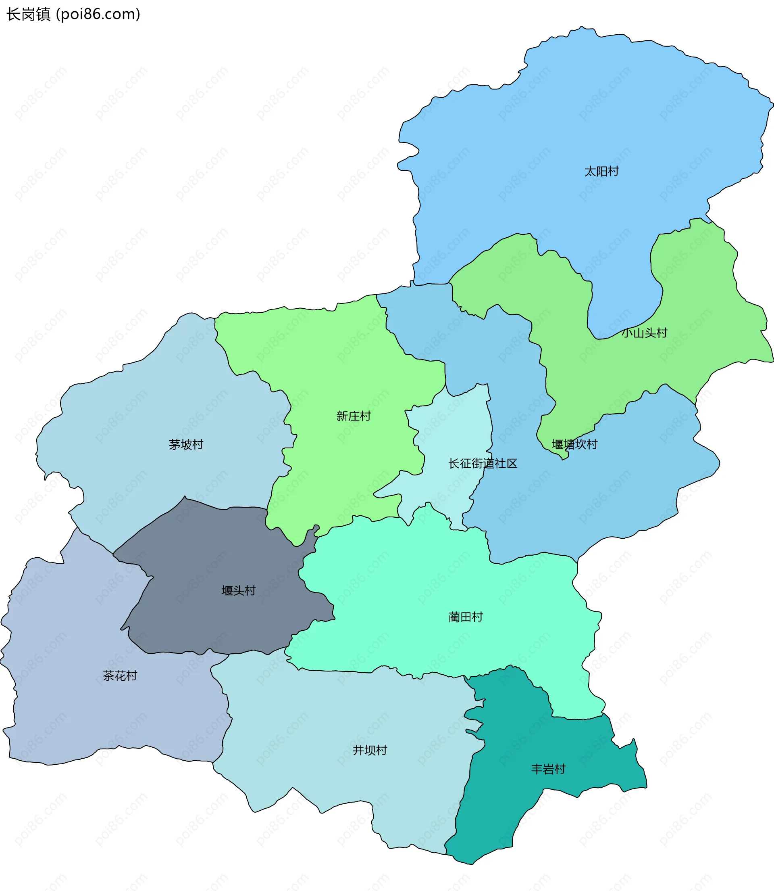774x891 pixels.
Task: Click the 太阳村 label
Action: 601,172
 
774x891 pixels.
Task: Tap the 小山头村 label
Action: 644,333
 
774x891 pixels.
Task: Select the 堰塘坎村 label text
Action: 574,444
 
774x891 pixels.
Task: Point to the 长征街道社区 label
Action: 483,463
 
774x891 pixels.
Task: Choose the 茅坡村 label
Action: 186,444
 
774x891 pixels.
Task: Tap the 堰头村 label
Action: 238,590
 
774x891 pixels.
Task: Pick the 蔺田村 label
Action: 465,617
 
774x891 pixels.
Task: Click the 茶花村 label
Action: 120,676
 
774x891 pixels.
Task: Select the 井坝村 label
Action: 370,750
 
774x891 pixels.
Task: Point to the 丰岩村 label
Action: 548,769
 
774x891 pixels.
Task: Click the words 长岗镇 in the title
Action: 29,14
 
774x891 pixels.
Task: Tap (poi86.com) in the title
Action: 98,14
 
